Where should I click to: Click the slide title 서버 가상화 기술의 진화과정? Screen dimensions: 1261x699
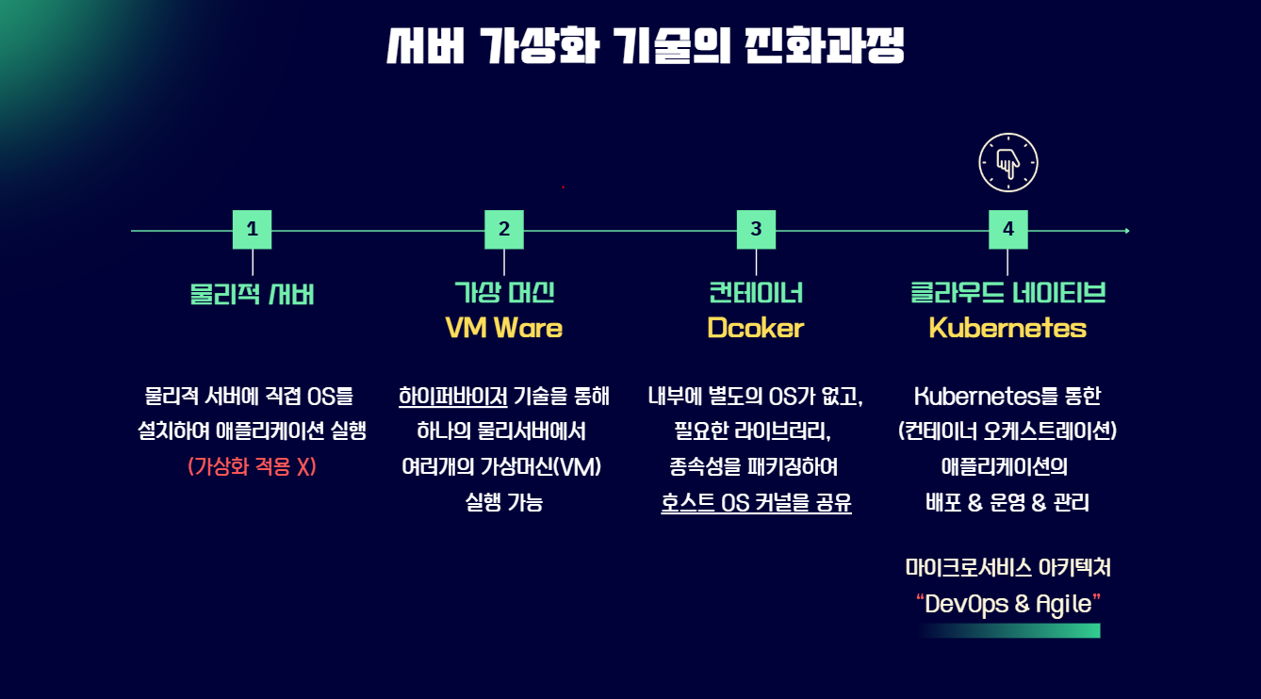click(646, 45)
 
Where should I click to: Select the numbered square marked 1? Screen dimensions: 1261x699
click(252, 229)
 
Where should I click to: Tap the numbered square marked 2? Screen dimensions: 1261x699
click(504, 229)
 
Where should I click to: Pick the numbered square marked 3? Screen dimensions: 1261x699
click(756, 229)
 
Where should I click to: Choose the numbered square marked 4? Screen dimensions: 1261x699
click(1007, 229)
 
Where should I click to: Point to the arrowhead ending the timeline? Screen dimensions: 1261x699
click(1126, 230)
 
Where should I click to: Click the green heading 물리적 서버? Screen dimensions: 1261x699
click(252, 294)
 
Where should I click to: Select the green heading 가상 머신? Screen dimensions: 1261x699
click(504, 292)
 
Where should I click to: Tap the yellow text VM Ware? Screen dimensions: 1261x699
click(504, 328)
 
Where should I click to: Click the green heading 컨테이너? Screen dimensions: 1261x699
click(756, 292)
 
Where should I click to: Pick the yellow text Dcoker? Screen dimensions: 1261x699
click(756, 328)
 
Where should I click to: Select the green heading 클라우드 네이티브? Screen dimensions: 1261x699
click(1007, 292)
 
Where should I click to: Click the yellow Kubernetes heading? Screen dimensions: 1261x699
click(1007, 328)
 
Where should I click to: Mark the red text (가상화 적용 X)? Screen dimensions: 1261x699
click(252, 466)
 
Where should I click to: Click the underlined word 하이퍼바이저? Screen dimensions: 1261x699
click(453, 396)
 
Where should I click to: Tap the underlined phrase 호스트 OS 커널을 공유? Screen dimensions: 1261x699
click(756, 503)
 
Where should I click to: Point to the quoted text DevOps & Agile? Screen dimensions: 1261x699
click(1007, 604)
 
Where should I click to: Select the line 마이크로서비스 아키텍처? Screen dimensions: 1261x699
click(1007, 568)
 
